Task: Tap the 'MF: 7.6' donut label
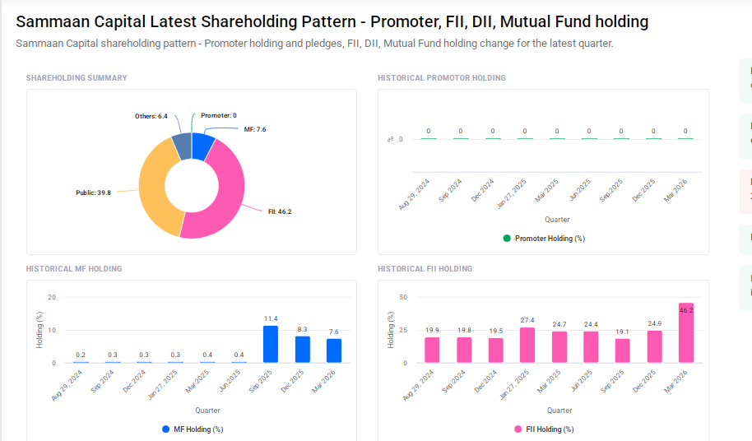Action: pyautogui.click(x=254, y=129)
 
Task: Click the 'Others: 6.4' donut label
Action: pyautogui.click(x=151, y=116)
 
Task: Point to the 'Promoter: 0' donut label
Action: pyautogui.click(x=218, y=116)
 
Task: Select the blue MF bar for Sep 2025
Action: pyautogui.click(x=271, y=344)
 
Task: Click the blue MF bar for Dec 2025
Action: pyautogui.click(x=303, y=349)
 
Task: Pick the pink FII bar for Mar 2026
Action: pyautogui.click(x=686, y=333)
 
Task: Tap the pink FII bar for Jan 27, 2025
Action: pyautogui.click(x=527, y=345)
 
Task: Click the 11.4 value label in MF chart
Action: pyautogui.click(x=271, y=318)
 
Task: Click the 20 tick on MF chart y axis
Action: pyautogui.click(x=52, y=297)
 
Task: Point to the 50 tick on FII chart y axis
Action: pyautogui.click(x=403, y=297)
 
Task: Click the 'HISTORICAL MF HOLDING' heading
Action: pyautogui.click(x=74, y=269)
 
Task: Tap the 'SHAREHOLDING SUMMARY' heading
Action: pyautogui.click(x=77, y=78)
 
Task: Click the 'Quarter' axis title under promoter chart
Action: pyautogui.click(x=557, y=220)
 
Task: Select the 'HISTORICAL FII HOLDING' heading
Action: pyautogui.click(x=425, y=269)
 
